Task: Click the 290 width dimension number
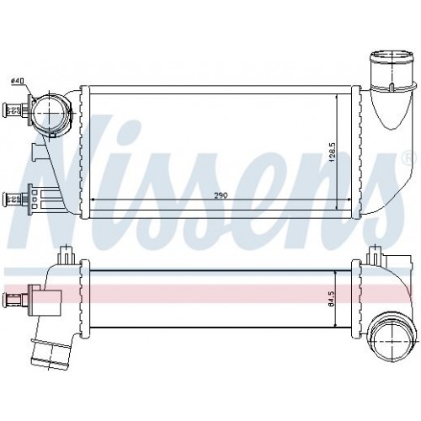pos(220,196)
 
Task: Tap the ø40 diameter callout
pos(17,80)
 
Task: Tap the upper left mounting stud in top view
pos(14,107)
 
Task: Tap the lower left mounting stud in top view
pos(13,198)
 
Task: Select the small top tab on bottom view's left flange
pos(65,253)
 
